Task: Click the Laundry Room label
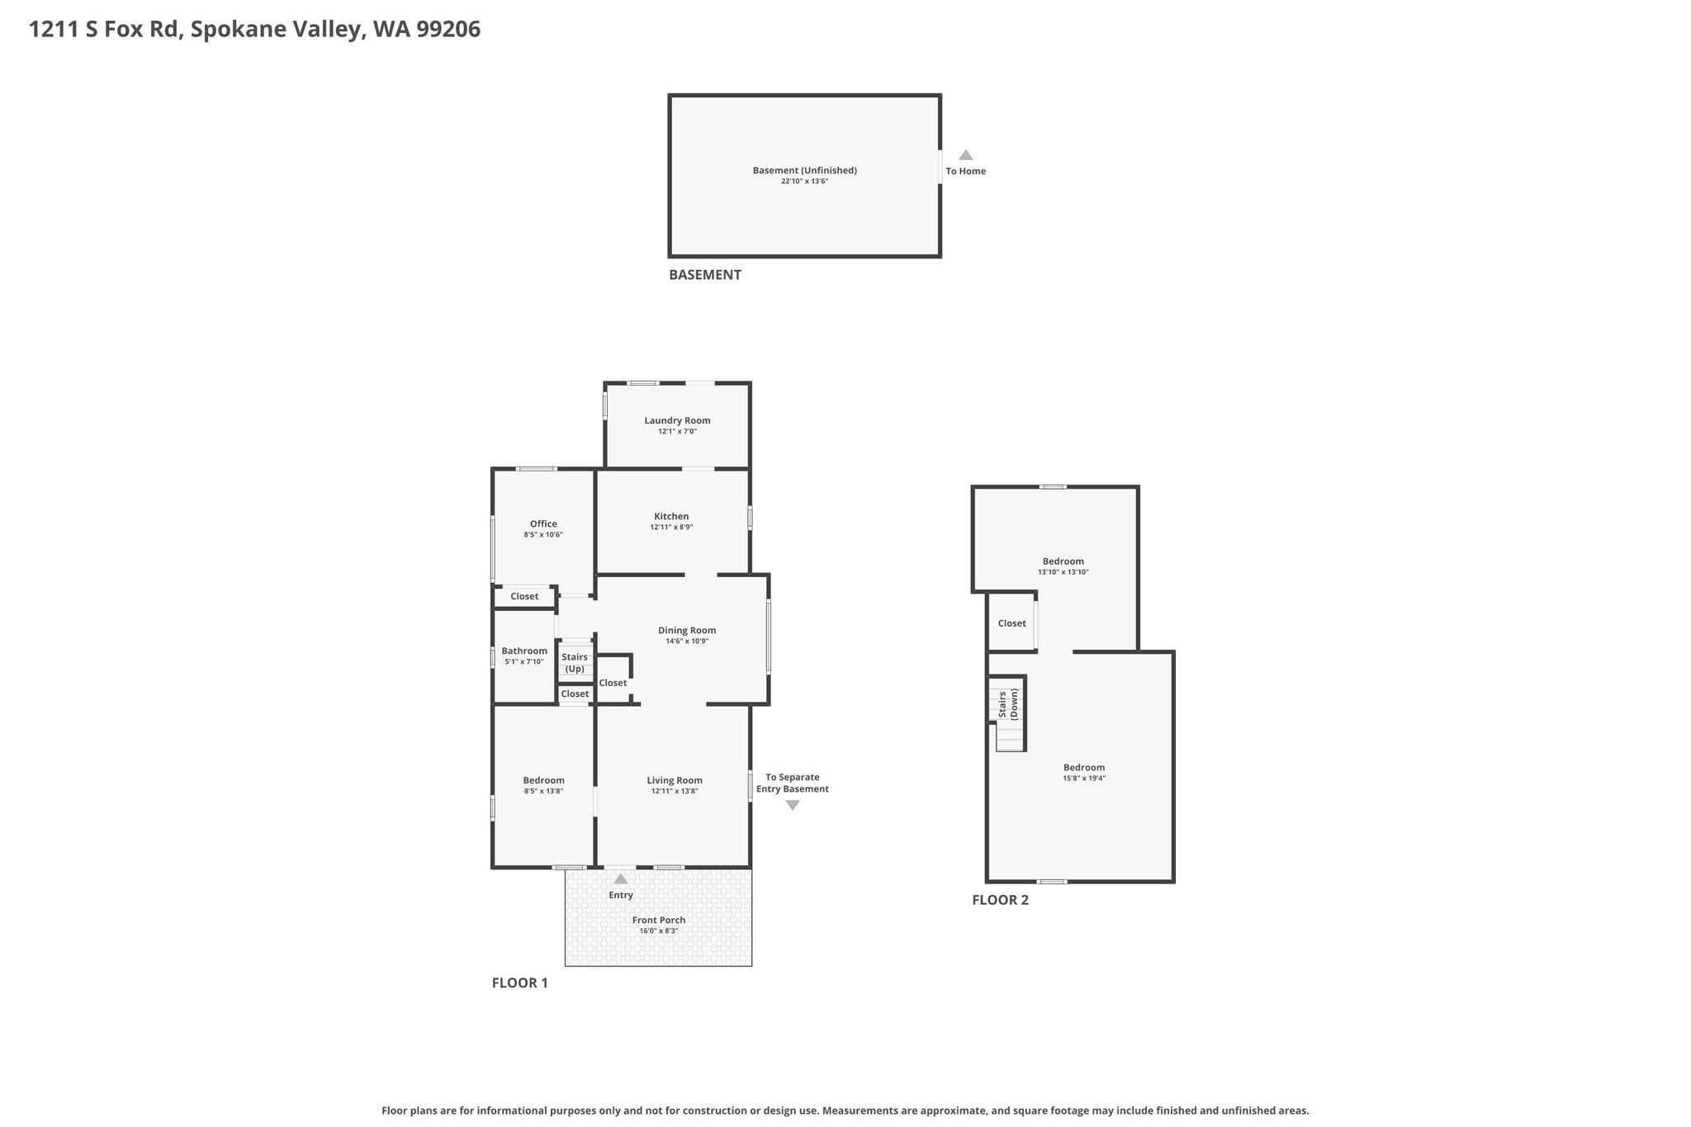pyautogui.click(x=677, y=420)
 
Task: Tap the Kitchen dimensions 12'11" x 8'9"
pyautogui.click(x=671, y=527)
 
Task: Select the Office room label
pyautogui.click(x=543, y=523)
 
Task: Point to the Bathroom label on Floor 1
pyautogui.click(x=524, y=651)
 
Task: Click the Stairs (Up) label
pyautogui.click(x=575, y=663)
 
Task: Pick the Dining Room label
pyautogui.click(x=687, y=630)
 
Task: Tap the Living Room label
pyautogui.click(x=675, y=780)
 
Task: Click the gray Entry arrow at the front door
pyautogui.click(x=621, y=879)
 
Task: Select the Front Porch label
pyautogui.click(x=659, y=920)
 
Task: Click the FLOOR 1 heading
pyautogui.click(x=520, y=983)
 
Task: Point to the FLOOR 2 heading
pyautogui.click(x=1001, y=900)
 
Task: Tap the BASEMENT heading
pyautogui.click(x=705, y=275)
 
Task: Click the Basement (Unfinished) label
pyautogui.click(x=805, y=170)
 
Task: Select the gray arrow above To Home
pyautogui.click(x=965, y=155)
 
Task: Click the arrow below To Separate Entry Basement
pyautogui.click(x=793, y=805)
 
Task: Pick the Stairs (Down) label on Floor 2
pyautogui.click(x=1008, y=704)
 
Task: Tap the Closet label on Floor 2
pyautogui.click(x=1011, y=623)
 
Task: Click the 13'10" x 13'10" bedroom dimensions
pyautogui.click(x=1063, y=572)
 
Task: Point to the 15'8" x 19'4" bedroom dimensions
pyautogui.click(x=1084, y=778)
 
